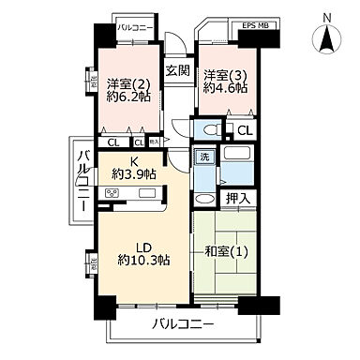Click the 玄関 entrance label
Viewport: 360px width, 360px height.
pos(178,70)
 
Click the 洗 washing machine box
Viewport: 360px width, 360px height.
pos(203,157)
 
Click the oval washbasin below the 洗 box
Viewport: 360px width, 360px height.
pos(203,198)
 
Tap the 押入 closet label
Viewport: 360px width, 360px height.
pos(237,199)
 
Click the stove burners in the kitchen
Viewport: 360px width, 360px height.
pos(115,194)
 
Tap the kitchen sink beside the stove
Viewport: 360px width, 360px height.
pos(149,194)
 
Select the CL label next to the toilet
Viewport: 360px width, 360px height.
pos(243,130)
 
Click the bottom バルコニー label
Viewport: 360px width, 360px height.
pos(183,325)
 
